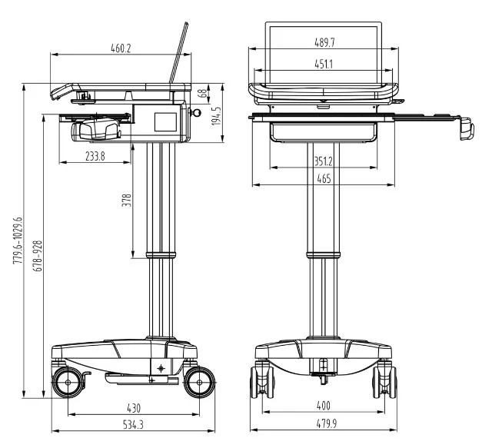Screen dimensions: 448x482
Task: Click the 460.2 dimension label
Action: [x=121, y=48]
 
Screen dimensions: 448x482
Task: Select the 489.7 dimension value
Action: [x=324, y=44]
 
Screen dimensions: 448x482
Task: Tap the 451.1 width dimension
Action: [x=324, y=65]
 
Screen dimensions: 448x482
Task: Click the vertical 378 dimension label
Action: [x=128, y=201]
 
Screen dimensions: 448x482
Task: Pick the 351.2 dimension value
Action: [x=324, y=162]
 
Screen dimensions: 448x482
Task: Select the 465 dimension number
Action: [x=324, y=178]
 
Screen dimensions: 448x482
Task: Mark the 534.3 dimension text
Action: [x=128, y=425]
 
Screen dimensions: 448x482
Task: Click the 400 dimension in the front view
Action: [x=323, y=407]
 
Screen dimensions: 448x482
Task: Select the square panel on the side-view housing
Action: [x=166, y=122]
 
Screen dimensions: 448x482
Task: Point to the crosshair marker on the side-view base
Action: [x=161, y=369]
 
